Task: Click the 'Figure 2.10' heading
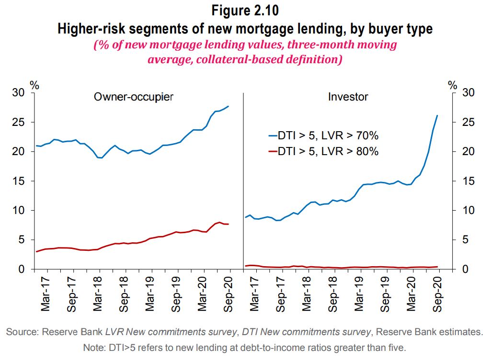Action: pyautogui.click(x=245, y=10)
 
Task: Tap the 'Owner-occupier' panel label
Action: pyautogui.click(x=133, y=97)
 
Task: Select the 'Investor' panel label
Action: pyautogui.click(x=348, y=97)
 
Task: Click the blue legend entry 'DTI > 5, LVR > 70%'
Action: pyautogui.click(x=323, y=136)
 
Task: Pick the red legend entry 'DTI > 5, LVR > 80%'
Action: pyautogui.click(x=323, y=151)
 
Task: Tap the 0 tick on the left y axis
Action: pyautogui.click(x=21, y=270)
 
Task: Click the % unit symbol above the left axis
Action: pyautogui.click(x=34, y=85)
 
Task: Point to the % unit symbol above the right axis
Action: pyautogui.click(x=453, y=85)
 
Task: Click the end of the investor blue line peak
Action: pyautogui.click(x=437, y=115)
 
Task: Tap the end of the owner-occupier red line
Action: pyautogui.click(x=228, y=224)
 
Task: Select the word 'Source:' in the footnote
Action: pyautogui.click(x=23, y=332)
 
